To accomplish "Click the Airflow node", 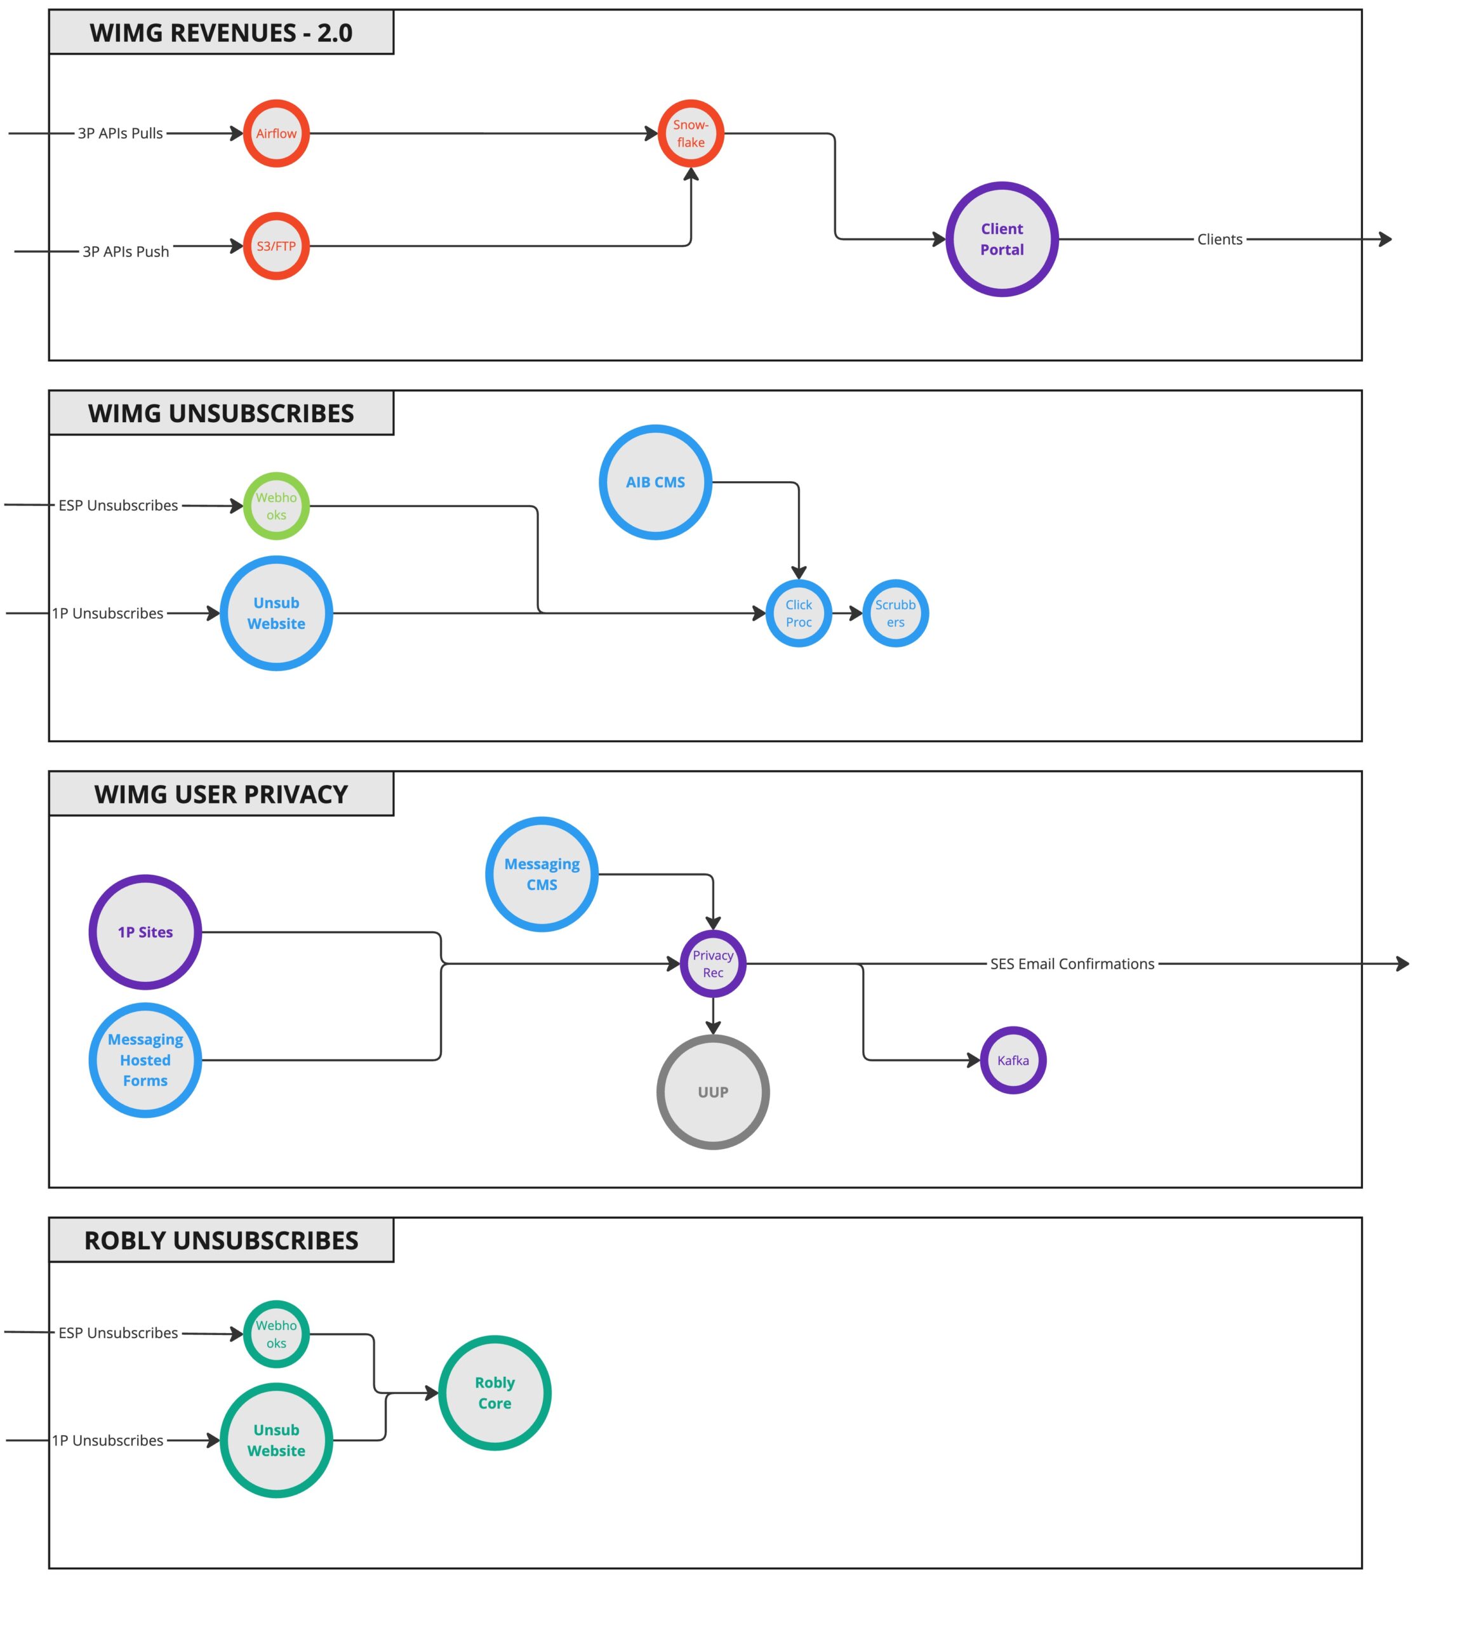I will (276, 133).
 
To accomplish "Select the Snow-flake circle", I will (690, 133).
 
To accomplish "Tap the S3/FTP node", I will (276, 246).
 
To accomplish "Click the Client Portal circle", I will (1001, 239).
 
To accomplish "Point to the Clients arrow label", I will (1219, 239).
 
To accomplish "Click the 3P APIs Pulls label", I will (120, 133).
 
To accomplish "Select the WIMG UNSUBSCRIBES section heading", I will (220, 413).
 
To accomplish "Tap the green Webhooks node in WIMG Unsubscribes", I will (276, 506).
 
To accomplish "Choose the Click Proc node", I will (798, 613).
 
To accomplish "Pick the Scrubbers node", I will (895, 613).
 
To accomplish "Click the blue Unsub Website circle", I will (276, 613).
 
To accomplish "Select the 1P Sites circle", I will (145, 932).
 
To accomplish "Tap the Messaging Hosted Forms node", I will (145, 1060).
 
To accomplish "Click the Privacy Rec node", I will (713, 964).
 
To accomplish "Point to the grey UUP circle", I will (713, 1092).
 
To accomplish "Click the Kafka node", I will (1012, 1060).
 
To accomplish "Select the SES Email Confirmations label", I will (1072, 964).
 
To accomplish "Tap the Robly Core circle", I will (494, 1393).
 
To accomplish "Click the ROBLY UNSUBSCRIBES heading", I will (220, 1240).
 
